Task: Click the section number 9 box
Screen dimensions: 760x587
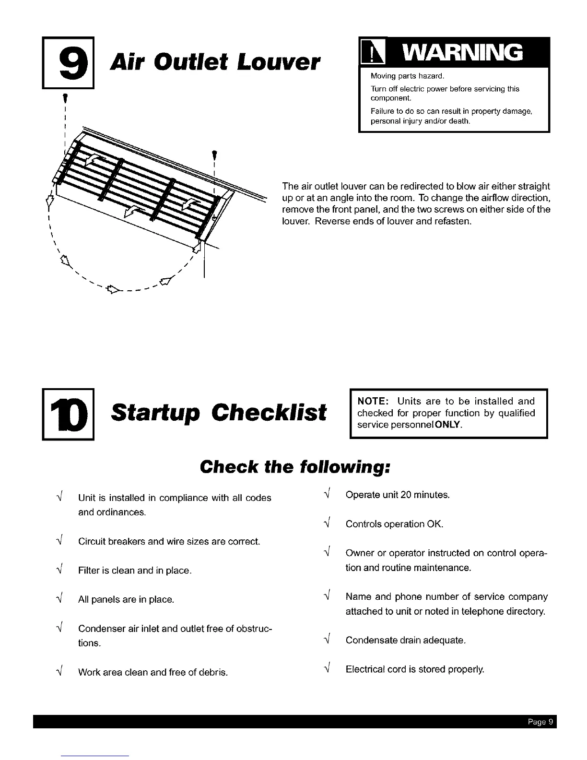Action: point(68,62)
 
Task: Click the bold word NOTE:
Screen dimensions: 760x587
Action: point(372,401)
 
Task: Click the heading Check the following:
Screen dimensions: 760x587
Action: point(293,466)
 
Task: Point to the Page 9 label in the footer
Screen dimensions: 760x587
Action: point(540,721)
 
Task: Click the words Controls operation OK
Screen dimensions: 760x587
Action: point(394,524)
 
